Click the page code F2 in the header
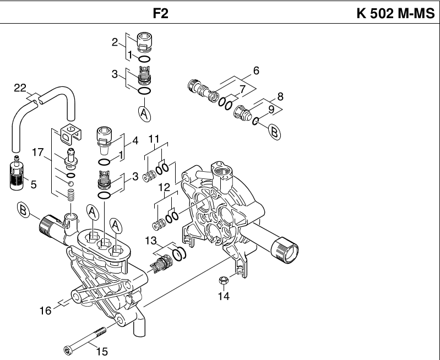(x=160, y=13)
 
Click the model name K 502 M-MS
(x=395, y=13)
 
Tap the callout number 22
(x=20, y=88)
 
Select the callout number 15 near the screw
(x=102, y=351)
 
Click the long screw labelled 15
(x=85, y=339)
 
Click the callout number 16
(x=45, y=310)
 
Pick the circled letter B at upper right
(x=274, y=132)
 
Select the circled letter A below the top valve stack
(x=144, y=114)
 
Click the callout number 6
(x=256, y=70)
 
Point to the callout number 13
(x=151, y=241)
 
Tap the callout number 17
(x=38, y=152)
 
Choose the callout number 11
(x=154, y=139)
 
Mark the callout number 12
(x=165, y=187)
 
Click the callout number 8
(x=280, y=96)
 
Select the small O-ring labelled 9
(x=255, y=121)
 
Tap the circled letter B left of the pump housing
(x=23, y=210)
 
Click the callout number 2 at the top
(x=115, y=42)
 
